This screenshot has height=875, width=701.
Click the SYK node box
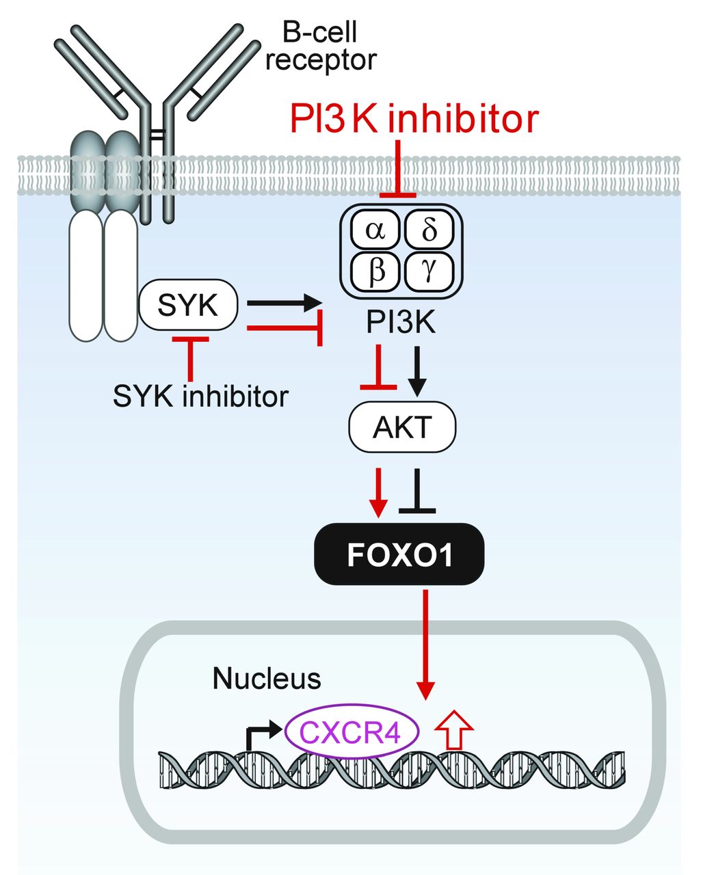(188, 305)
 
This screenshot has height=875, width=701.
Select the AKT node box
(402, 427)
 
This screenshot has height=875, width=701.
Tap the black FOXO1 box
(399, 554)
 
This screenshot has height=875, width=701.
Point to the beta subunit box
(375, 271)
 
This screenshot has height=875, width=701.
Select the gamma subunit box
(429, 271)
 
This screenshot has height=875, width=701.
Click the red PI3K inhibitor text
(414, 119)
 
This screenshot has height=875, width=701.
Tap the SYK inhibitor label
(200, 395)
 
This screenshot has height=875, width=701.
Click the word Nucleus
(267, 679)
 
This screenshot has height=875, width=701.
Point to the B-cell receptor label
(321, 46)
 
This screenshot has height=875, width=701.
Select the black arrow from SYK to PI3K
(283, 301)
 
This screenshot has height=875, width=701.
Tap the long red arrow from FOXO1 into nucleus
(426, 643)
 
